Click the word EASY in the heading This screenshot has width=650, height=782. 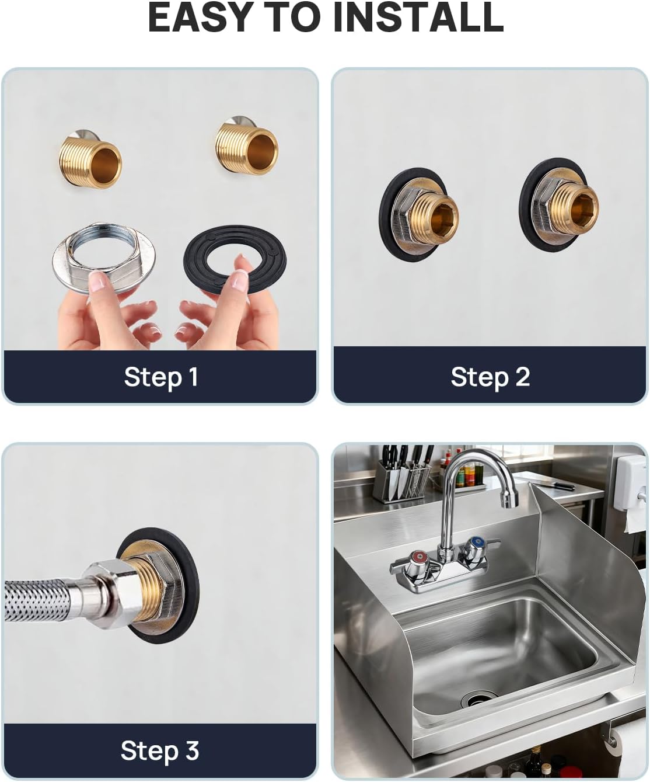pos(199,17)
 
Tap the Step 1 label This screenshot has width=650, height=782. pos(161,377)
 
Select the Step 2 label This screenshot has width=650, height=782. pos(490,377)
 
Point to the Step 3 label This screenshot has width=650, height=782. pos(160,750)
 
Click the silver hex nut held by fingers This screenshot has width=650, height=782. pos(104,259)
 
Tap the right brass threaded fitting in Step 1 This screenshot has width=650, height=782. pos(247,148)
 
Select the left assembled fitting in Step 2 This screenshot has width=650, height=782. pos(418,214)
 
